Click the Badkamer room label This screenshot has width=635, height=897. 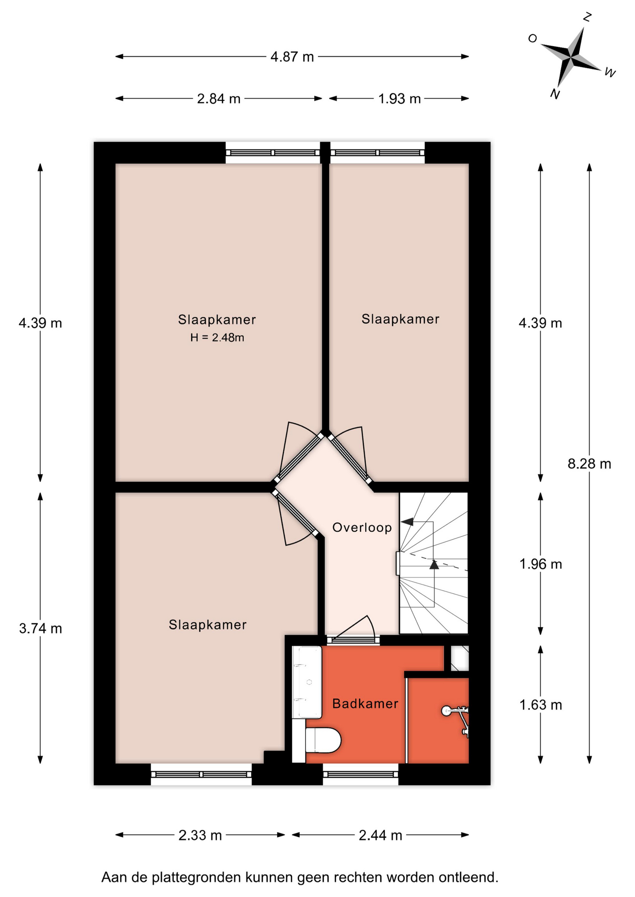tap(365, 704)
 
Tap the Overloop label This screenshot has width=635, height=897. tap(362, 527)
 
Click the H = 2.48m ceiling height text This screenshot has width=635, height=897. tap(217, 337)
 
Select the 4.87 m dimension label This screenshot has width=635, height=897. tap(292, 57)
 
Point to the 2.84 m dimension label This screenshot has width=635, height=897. tap(219, 99)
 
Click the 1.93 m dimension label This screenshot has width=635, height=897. tap(399, 99)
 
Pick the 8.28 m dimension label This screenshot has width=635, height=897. tap(589, 464)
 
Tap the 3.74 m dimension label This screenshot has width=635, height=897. tap(40, 629)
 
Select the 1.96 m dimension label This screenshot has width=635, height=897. tap(541, 564)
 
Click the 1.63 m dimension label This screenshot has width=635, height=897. tap(541, 705)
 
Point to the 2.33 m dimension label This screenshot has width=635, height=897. tap(200, 835)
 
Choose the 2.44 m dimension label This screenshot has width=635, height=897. tap(380, 835)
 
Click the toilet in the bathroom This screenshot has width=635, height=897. tap(323, 740)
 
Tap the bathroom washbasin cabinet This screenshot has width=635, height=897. tap(307, 682)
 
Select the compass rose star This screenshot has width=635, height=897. tap(571, 57)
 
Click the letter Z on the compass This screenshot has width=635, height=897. tap(588, 17)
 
